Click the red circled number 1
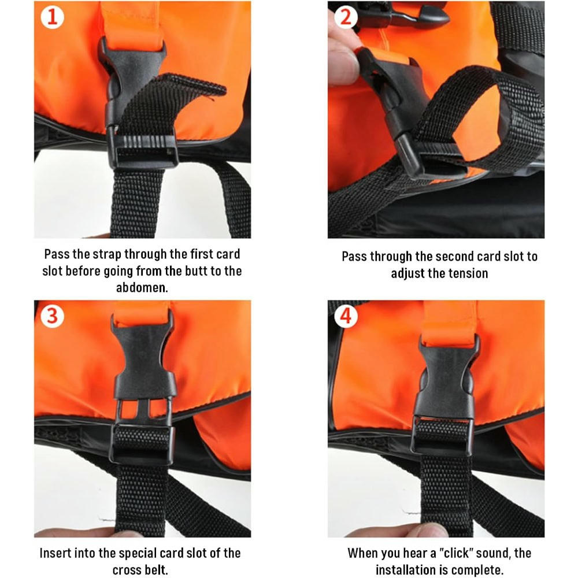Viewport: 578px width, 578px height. [x=52, y=18]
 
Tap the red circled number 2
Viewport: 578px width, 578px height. [x=346, y=18]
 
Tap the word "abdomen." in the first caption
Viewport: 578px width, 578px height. [x=142, y=287]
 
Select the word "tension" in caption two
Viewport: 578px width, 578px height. [x=466, y=273]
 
